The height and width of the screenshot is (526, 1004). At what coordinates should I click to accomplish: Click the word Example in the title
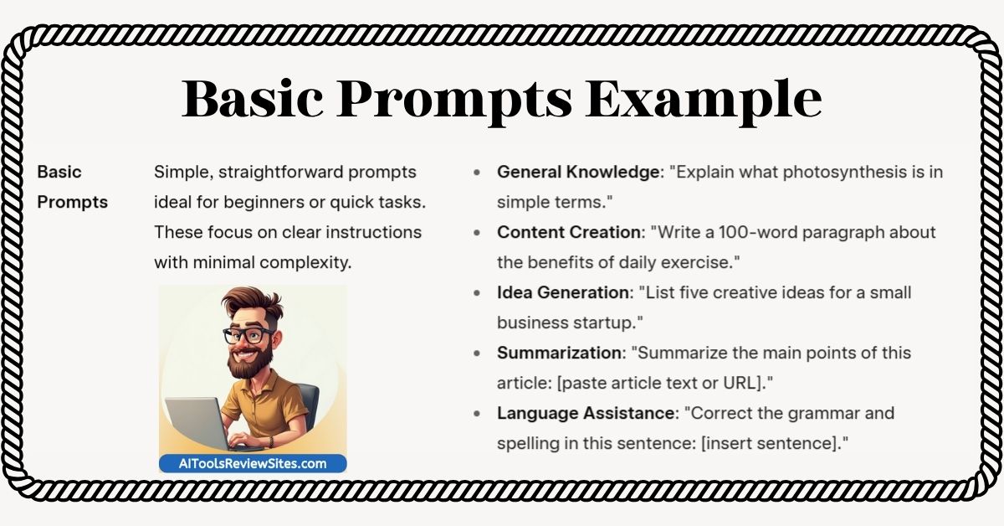click(x=704, y=100)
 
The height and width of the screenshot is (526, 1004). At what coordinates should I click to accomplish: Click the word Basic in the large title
click(x=253, y=98)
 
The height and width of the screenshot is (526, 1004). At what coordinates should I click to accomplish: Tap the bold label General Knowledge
click(x=578, y=172)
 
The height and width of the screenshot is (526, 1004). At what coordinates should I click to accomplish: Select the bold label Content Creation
click(x=569, y=232)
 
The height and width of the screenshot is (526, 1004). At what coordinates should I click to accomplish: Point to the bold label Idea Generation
click(x=563, y=292)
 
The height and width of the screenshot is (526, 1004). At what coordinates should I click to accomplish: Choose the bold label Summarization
click(x=560, y=353)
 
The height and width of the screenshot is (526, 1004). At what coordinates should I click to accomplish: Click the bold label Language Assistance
click(x=586, y=413)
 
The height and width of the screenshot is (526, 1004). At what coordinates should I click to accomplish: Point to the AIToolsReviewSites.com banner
click(x=253, y=464)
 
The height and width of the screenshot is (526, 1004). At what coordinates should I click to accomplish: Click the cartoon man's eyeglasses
click(x=248, y=335)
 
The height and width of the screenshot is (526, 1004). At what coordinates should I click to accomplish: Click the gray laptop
click(x=202, y=424)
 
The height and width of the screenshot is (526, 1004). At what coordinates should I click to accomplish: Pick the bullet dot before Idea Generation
click(x=477, y=293)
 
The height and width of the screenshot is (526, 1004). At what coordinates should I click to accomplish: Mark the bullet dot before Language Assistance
click(x=477, y=414)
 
